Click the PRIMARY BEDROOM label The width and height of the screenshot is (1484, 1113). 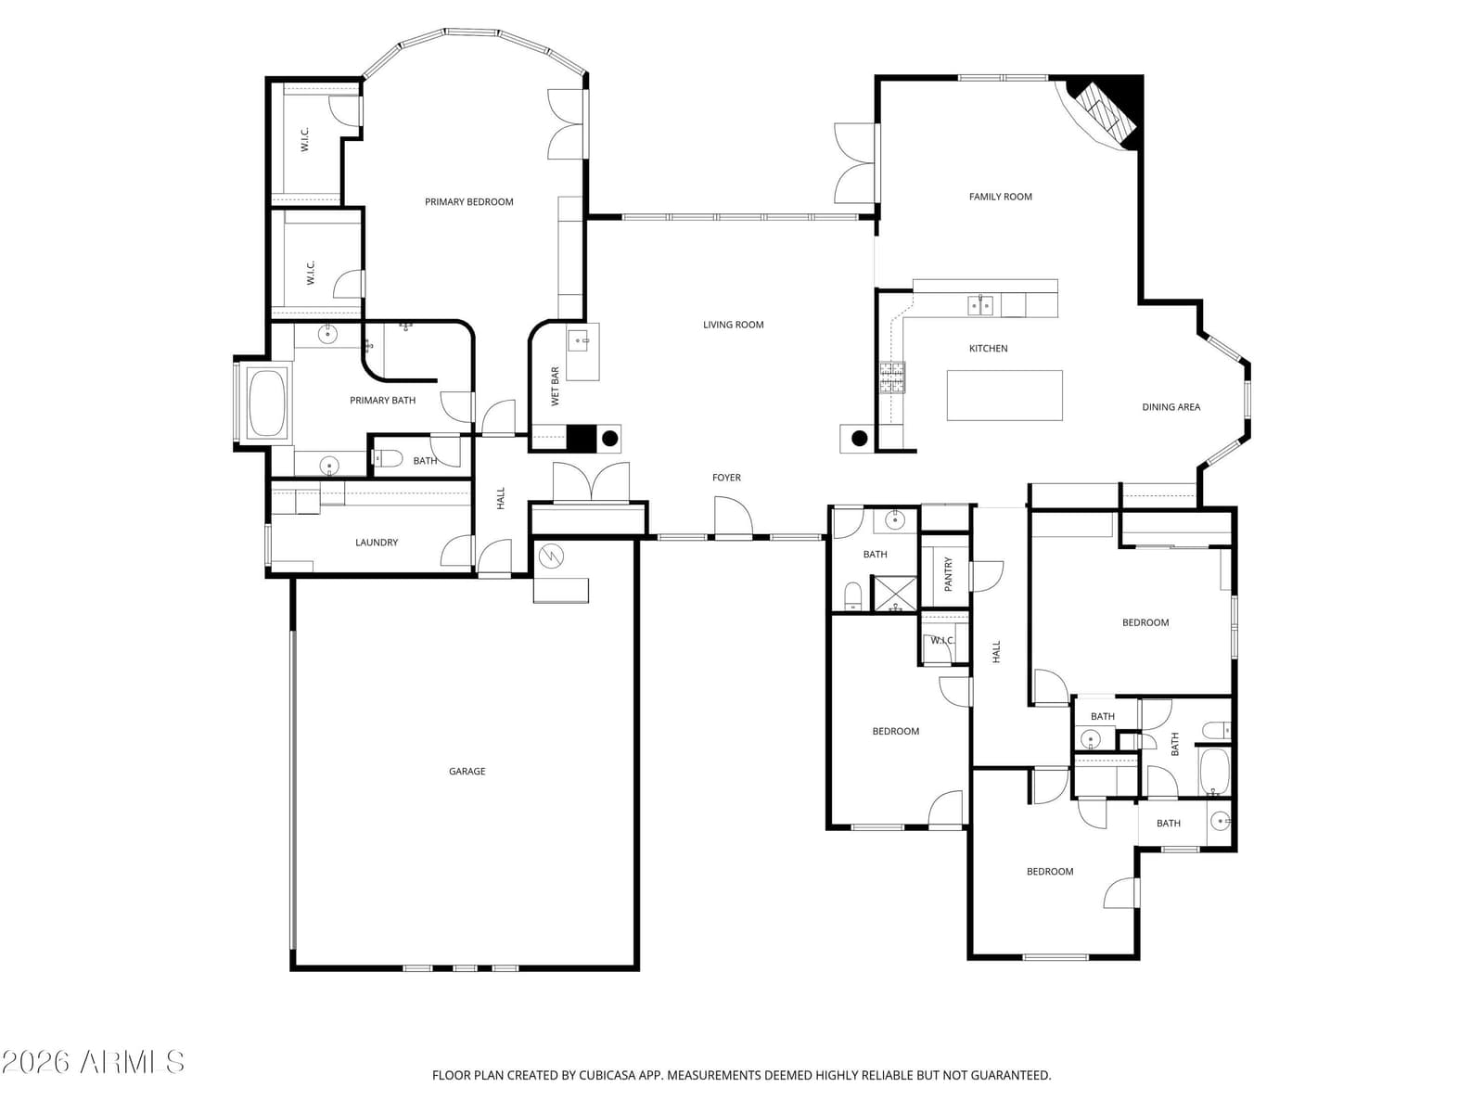click(468, 202)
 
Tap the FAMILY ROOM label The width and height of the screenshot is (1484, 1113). click(1001, 197)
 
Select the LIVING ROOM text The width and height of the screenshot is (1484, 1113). click(733, 325)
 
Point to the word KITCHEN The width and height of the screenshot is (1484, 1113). click(989, 349)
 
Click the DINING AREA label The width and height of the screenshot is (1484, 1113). click(1171, 407)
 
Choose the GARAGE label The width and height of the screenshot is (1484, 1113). click(467, 771)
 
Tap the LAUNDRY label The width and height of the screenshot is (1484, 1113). click(377, 542)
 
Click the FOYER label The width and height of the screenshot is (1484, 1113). click(727, 478)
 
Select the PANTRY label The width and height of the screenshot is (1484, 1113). click(948, 574)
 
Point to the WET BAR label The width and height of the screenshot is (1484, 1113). click(555, 387)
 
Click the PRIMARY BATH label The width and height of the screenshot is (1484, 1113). click(383, 401)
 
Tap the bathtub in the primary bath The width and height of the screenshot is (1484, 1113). click(267, 403)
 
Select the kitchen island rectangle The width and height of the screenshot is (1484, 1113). click(1004, 395)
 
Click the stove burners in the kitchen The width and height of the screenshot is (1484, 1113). click(891, 377)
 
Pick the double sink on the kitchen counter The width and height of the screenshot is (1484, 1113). click(980, 305)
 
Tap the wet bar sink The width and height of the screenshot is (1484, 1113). click(577, 340)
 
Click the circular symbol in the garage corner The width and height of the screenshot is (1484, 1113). click(551, 556)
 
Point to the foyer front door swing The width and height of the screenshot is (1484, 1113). click(734, 517)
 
